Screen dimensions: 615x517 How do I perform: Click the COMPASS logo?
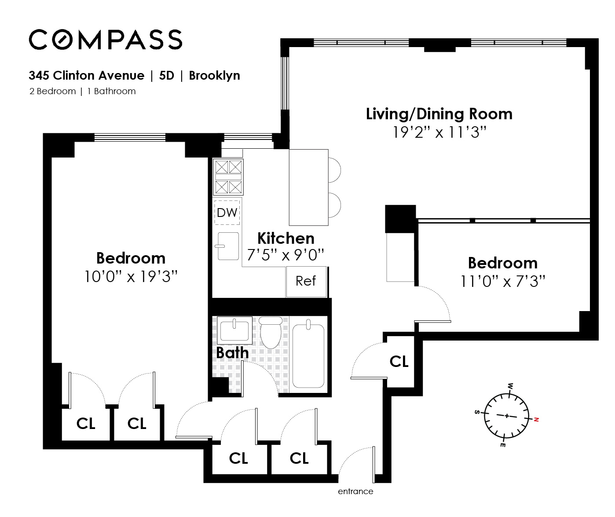[x=106, y=39]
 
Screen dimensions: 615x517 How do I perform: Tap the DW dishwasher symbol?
[x=227, y=213]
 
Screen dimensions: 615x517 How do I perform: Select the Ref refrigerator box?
[x=306, y=282]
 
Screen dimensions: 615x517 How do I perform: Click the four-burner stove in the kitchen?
[x=228, y=177]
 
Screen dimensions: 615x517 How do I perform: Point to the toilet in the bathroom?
[x=271, y=332]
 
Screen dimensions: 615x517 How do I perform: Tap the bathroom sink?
[x=234, y=330]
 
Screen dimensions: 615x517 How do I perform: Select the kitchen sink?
[x=228, y=246]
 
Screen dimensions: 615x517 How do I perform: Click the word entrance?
[x=355, y=491]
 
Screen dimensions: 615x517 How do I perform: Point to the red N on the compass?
[x=536, y=419]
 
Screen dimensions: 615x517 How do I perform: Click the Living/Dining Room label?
[x=439, y=114]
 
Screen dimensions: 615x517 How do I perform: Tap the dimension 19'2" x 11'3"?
[x=439, y=132]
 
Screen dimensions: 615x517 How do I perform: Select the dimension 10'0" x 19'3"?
[x=131, y=277]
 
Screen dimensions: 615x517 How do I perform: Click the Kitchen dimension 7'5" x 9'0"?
[x=286, y=255]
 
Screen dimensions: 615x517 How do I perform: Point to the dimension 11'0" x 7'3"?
[x=503, y=281]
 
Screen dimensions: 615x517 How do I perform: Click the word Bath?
[x=232, y=352]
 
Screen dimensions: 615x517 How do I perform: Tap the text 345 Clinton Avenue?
[x=87, y=76]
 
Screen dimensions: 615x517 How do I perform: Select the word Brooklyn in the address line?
[x=214, y=76]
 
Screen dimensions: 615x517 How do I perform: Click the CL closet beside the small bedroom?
[x=399, y=361]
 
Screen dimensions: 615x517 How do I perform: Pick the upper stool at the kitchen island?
[x=335, y=170]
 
